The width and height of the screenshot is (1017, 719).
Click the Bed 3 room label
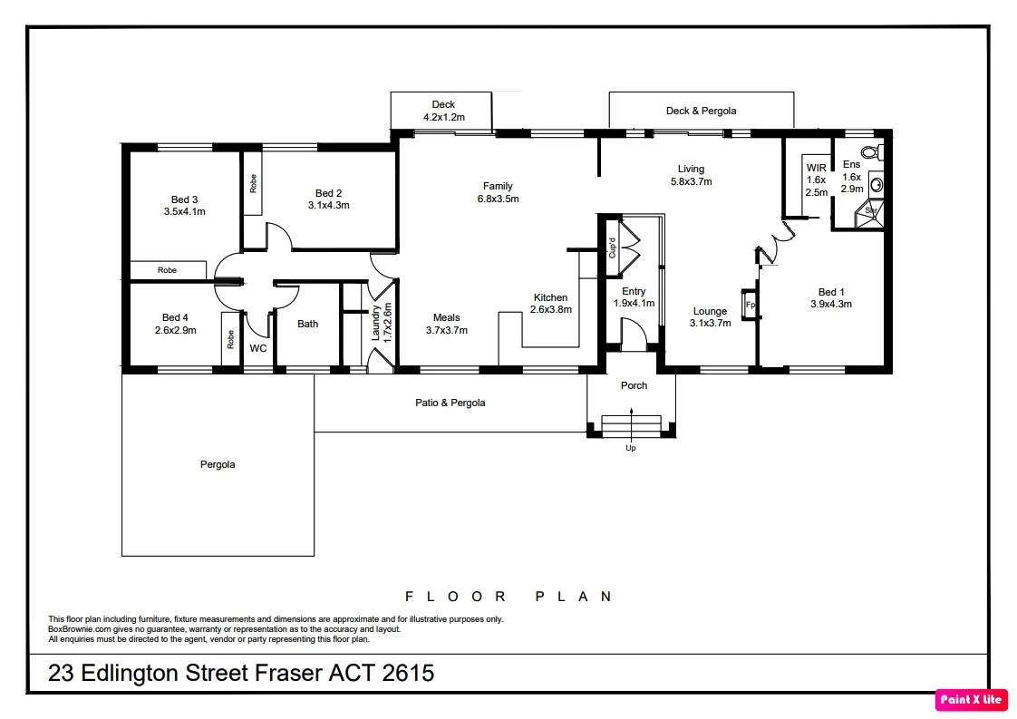184,199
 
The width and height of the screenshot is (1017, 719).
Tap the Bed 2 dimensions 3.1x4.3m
328,206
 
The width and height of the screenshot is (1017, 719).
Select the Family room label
498,186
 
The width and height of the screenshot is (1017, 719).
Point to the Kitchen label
550,297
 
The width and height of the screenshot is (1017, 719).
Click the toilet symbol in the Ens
871,151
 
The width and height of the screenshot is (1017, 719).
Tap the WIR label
816,168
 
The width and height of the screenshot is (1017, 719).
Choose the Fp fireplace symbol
750,305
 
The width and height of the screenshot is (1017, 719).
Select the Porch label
634,385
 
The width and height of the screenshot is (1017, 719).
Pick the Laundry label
375,323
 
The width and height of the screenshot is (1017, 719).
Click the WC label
258,348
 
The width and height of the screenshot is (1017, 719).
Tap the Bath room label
308,324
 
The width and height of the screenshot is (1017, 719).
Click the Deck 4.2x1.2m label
443,111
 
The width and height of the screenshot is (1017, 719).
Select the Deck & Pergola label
701,111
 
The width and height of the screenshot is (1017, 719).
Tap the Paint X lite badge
971,699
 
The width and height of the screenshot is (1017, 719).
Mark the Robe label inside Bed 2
254,183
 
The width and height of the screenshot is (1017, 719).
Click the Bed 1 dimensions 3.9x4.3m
830,305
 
